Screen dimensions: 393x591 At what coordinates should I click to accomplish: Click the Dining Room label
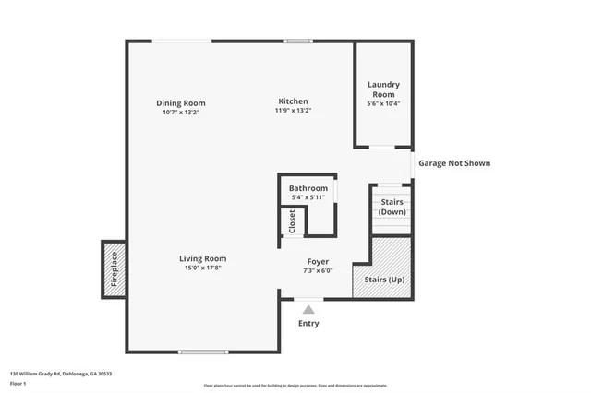(x=181, y=103)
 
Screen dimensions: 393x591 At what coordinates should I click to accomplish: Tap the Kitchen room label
(x=293, y=101)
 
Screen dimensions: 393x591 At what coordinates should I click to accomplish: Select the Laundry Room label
(x=383, y=89)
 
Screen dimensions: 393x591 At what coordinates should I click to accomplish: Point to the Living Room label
(x=202, y=258)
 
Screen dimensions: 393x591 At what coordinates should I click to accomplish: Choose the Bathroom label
(x=308, y=188)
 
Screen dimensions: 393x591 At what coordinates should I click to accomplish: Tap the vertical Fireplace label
(x=115, y=269)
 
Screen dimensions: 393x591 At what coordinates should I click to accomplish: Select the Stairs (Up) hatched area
(x=383, y=268)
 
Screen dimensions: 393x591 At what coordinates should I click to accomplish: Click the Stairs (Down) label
(x=391, y=207)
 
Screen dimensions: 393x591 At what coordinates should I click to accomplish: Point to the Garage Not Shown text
(x=454, y=163)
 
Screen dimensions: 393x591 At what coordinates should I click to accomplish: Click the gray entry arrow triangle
(x=308, y=309)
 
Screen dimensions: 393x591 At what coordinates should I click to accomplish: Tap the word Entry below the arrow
(x=308, y=324)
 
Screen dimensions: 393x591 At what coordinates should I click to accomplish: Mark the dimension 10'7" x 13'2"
(x=181, y=112)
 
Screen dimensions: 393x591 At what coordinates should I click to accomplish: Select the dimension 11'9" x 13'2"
(x=293, y=111)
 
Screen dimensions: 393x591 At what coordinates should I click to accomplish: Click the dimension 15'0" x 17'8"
(x=202, y=268)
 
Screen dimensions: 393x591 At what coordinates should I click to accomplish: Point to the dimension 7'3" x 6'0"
(x=317, y=271)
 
